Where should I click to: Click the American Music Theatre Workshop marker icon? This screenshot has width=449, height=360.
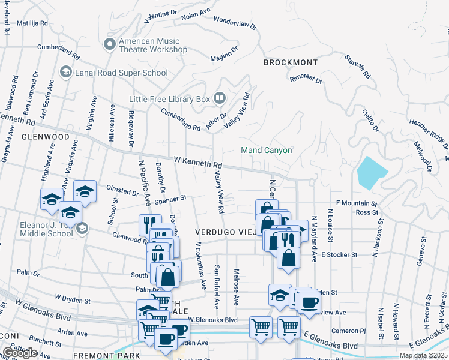[x=109, y=44]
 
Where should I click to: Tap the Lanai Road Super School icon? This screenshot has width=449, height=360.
[x=65, y=73]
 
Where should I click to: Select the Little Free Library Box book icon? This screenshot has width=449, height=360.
[x=220, y=97]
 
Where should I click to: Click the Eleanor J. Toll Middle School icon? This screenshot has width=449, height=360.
[x=82, y=228]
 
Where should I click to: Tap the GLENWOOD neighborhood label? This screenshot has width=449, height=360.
[x=46, y=137]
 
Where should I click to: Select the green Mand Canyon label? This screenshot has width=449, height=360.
[x=266, y=150]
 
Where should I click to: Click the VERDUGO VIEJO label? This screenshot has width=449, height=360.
[x=223, y=232]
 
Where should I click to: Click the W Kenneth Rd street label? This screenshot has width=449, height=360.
[x=198, y=163]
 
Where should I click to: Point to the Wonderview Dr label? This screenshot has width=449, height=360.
[x=235, y=23]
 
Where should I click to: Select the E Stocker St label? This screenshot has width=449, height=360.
[x=339, y=254]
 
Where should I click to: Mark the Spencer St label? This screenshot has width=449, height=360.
[x=171, y=197]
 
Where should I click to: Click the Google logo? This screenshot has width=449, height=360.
[x=20, y=353]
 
